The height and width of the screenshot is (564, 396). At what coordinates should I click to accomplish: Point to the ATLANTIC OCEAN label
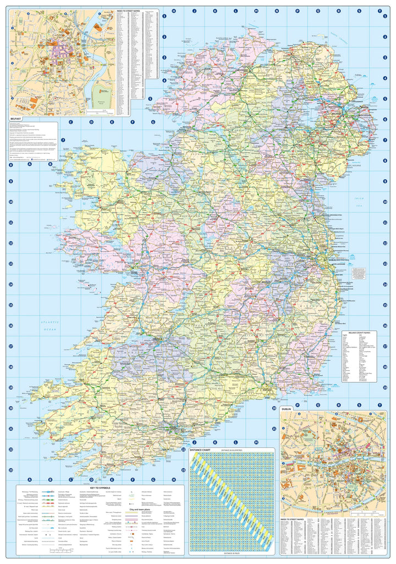[x=51, y=326]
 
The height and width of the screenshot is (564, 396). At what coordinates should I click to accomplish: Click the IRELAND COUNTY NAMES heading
[x=361, y=333]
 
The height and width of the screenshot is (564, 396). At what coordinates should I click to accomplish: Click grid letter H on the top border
[x=173, y=10]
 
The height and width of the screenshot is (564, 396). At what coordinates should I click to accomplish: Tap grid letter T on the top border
[x=379, y=10]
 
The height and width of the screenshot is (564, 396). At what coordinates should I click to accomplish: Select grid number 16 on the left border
[x=10, y=326]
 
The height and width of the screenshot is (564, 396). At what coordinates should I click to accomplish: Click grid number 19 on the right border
[x=386, y=387]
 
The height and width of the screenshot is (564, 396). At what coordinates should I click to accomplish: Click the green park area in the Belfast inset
[x=102, y=96]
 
